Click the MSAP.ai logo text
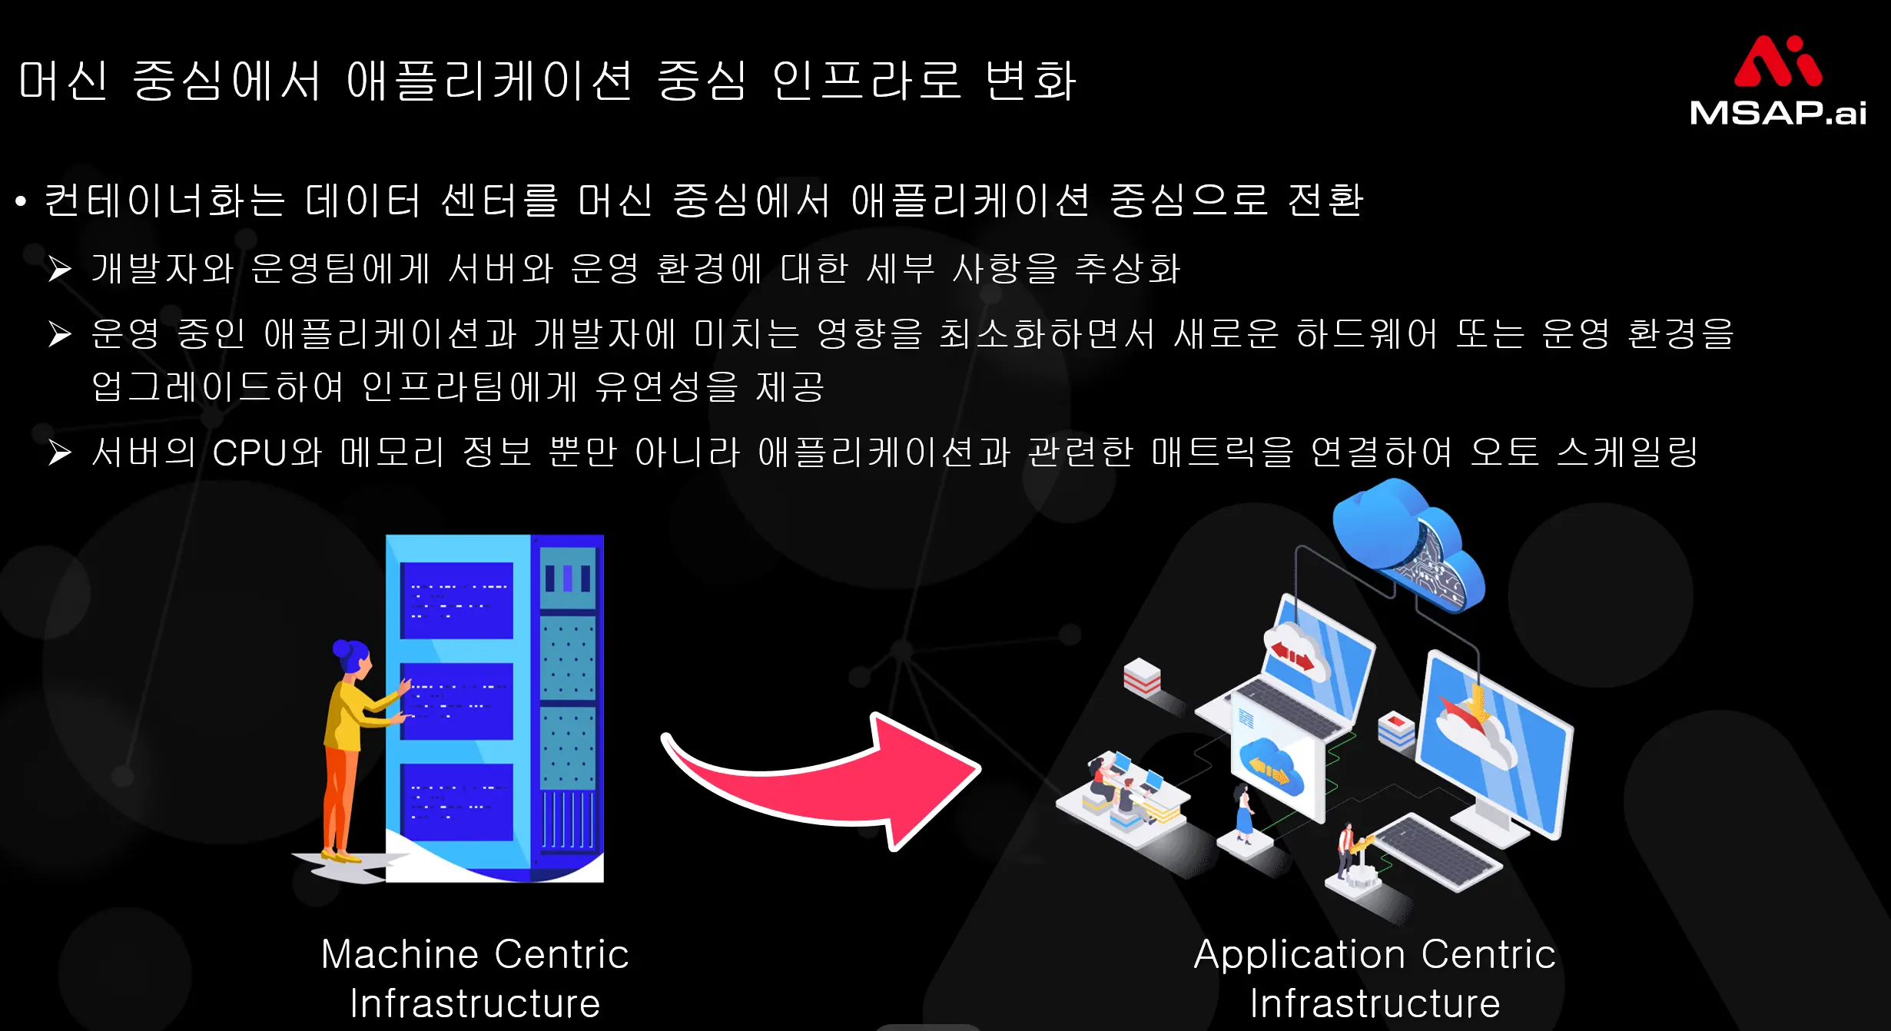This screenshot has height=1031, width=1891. (1777, 112)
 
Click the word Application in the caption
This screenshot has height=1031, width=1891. (1299, 955)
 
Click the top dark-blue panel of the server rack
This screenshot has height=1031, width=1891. (456, 600)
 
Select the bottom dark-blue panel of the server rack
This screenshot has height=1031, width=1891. (456, 801)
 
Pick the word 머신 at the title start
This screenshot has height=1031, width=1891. (63, 81)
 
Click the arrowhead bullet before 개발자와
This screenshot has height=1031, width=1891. (60, 269)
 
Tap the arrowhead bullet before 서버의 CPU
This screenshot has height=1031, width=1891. (60, 453)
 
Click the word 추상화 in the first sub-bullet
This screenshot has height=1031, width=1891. (1127, 269)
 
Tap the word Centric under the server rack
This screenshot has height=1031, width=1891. (562, 955)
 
